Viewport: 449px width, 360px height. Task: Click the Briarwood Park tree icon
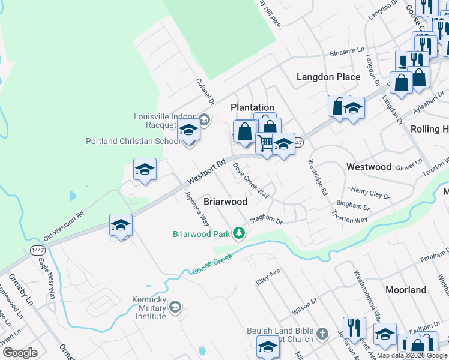(x=239, y=233)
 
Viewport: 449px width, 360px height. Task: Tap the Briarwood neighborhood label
(x=225, y=202)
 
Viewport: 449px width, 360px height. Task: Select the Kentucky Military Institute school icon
(x=175, y=308)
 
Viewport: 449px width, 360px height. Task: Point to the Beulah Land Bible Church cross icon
(x=322, y=334)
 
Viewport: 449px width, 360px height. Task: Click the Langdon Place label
(x=329, y=77)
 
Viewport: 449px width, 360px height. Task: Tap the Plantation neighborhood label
(x=253, y=107)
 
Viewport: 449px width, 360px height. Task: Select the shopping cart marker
(x=265, y=143)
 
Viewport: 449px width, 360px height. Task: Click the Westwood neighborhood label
(x=369, y=167)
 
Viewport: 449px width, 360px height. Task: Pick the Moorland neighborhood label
(x=406, y=290)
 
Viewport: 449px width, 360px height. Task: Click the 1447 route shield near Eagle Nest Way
(x=38, y=249)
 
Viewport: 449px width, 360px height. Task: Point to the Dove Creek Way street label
(x=250, y=179)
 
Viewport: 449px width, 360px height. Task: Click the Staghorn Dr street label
(x=265, y=221)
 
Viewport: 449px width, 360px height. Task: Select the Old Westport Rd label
(x=63, y=226)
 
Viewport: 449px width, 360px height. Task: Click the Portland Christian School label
(x=133, y=142)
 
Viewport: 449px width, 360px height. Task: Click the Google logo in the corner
(x=20, y=353)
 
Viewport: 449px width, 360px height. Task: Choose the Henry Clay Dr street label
(x=370, y=193)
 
